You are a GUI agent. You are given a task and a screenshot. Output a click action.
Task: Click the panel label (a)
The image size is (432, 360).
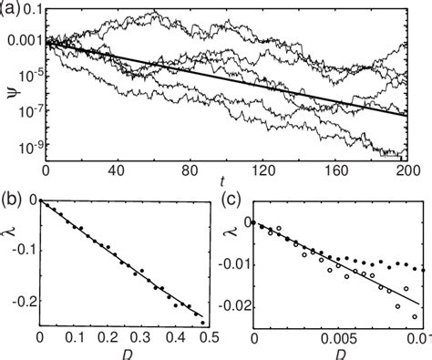pos(14,11)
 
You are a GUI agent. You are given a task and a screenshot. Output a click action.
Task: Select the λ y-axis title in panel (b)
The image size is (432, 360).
pos(10,262)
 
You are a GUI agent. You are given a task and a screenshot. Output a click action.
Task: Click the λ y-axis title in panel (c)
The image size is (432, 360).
pos(226,262)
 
